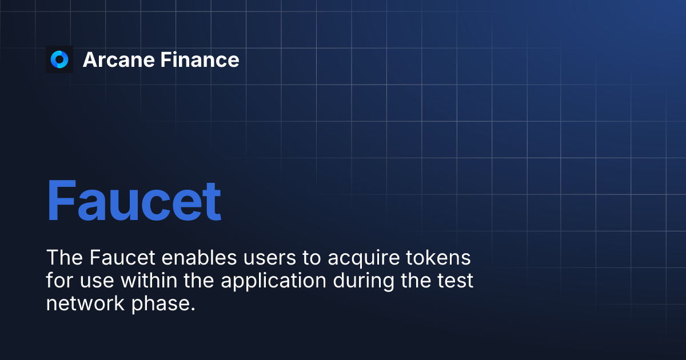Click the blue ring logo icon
tap(59, 59)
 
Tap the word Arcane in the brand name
tap(118, 59)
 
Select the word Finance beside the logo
tap(200, 59)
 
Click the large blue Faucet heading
tap(134, 201)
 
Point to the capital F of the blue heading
tap(61, 201)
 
